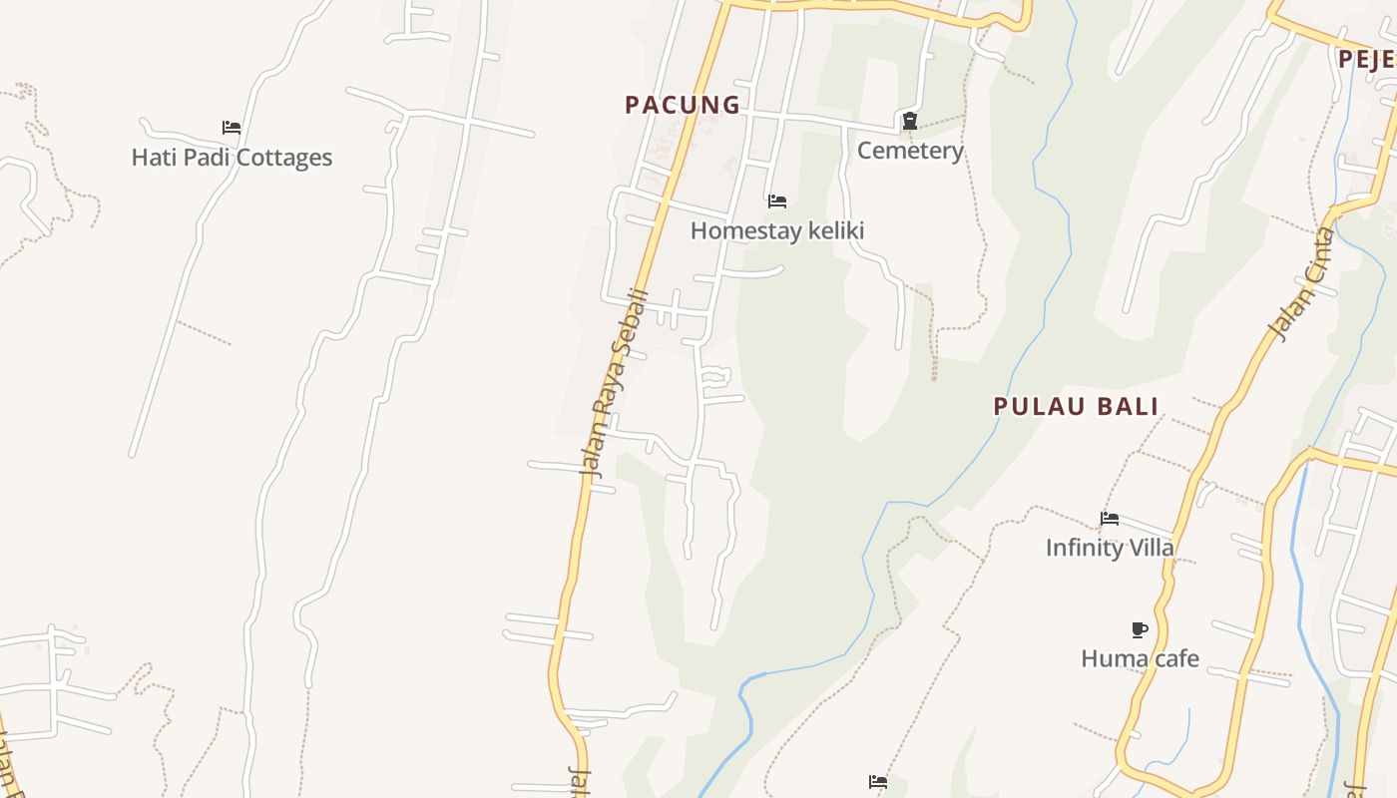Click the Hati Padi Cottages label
[232, 158]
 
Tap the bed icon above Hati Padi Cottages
[232, 128]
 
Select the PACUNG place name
[683, 105]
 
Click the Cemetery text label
[910, 151]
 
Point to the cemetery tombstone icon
[910, 122]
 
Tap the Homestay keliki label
[777, 230]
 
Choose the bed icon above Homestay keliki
[777, 201]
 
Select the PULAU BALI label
[1076, 406]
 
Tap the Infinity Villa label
[1110, 548]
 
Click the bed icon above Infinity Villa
[1110, 518]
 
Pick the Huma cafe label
[1140, 658]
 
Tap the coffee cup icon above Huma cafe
[1140, 629]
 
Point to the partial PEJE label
[1366, 59]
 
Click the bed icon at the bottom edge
[878, 782]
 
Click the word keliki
[833, 230]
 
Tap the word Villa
[1150, 548]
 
